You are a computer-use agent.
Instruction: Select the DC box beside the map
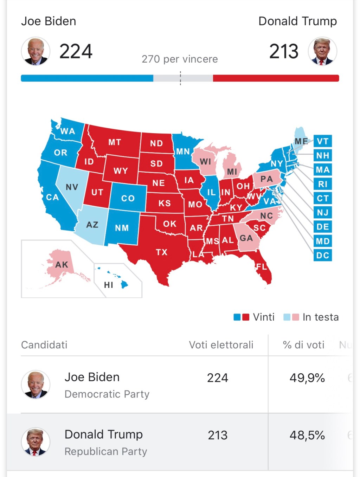[322, 255]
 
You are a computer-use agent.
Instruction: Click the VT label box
[322, 141]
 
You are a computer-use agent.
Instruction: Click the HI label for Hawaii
[109, 285]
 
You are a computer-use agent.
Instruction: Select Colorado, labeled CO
[128, 198]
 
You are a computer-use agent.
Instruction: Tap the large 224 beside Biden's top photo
[76, 51]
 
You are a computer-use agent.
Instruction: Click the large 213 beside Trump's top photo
[284, 51]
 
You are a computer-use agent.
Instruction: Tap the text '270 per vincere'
[180, 59]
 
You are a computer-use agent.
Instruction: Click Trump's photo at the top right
[322, 51]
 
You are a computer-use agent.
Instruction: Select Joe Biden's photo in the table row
[36, 384]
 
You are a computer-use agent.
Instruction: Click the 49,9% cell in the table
[307, 378]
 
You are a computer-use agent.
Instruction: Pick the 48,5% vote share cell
[307, 435]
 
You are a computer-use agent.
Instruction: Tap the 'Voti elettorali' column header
[221, 345]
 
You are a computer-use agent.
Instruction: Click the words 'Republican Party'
[106, 451]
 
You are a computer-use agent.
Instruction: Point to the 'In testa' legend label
[321, 317]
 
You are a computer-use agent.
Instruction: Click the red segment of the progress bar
[276, 78]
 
